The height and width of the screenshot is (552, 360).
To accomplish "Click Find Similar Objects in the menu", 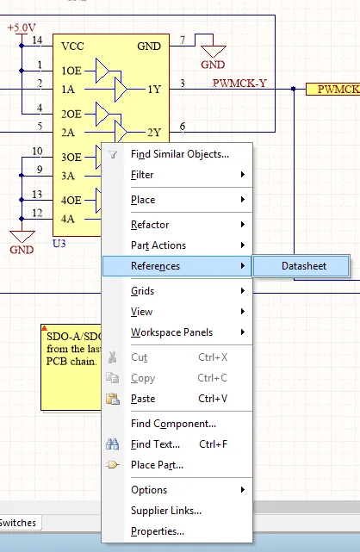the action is click(179, 154).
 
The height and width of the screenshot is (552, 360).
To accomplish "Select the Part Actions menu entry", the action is click(158, 245).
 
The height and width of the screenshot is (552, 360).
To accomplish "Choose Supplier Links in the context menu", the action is click(166, 511).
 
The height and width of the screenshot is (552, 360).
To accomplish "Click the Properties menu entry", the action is click(158, 531).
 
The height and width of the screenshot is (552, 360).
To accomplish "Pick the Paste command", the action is click(143, 399).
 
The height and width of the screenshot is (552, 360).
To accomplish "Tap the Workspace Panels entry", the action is click(171, 332).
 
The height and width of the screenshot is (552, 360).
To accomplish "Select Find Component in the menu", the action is click(173, 424).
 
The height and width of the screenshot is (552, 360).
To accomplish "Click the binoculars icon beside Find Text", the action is click(113, 444).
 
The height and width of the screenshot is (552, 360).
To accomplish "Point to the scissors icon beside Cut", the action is click(113, 357).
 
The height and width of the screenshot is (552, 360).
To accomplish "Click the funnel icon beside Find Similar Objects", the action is click(113, 154).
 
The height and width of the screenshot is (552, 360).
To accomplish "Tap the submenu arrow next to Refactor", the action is click(243, 224).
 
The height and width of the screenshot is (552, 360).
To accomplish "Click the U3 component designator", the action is click(59, 244).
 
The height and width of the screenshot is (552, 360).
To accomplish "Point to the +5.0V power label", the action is click(22, 28).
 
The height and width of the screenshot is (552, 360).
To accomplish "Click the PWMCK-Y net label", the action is click(239, 83).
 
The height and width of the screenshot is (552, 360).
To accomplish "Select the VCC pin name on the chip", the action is click(72, 47).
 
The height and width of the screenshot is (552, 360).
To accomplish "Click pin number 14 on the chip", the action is click(37, 40).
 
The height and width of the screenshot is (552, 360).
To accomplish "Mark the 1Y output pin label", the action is click(154, 90).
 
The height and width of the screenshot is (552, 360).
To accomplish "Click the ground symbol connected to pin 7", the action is click(213, 52).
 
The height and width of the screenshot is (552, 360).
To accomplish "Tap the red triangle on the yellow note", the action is click(44, 328).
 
